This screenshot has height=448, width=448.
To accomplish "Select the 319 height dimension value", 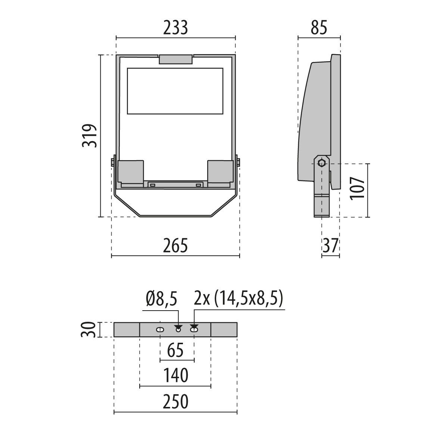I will (90, 136).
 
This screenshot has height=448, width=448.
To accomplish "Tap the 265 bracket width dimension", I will (175, 246).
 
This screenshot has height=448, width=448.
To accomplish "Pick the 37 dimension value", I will (330, 246).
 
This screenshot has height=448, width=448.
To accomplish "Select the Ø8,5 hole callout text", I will (160, 299).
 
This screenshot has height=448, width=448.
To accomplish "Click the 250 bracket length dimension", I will (175, 402).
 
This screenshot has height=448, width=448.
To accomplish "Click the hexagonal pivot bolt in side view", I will (321, 163).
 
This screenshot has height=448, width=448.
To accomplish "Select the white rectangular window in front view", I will (175, 91).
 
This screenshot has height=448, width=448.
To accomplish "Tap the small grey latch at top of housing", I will (176, 59).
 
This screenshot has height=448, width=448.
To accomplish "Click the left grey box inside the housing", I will (131, 171).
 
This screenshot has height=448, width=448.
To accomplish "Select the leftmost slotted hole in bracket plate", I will (160, 330).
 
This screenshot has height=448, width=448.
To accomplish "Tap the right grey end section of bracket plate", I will (224, 330).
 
